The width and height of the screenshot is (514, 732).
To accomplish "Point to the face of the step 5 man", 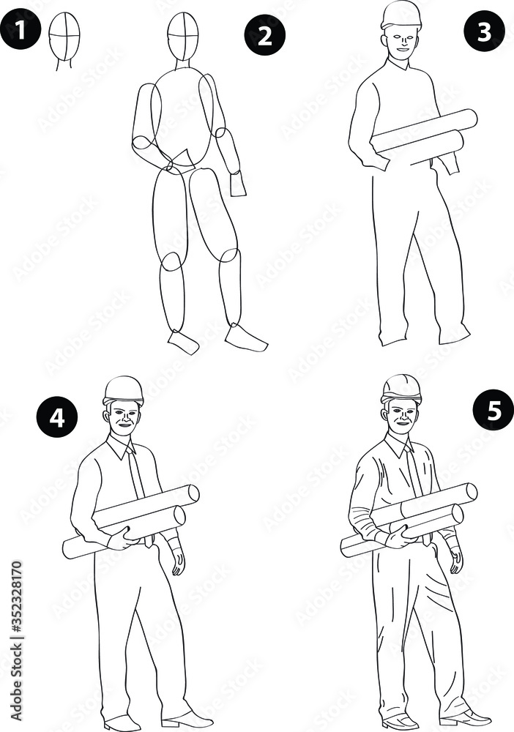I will coord(401,417).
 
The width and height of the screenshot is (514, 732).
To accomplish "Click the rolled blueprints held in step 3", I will coord(425,135).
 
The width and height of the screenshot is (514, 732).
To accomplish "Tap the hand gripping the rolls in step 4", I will coord(121,540).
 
